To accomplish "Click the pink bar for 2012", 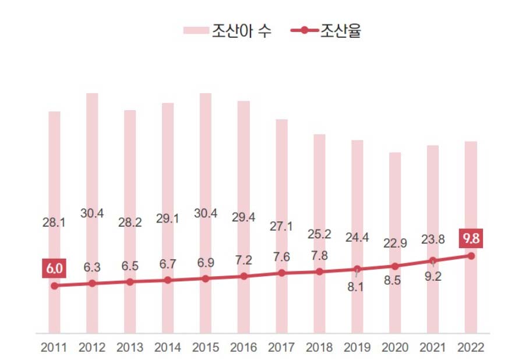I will pos(92,175).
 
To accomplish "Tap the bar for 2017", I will pos(281,175).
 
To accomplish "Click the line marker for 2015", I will pos(206,278).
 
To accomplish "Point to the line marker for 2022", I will pos(471,256).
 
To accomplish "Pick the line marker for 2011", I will pos(54,285).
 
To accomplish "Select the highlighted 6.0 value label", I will pos(54,269).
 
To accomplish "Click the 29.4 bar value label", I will pos(244,217).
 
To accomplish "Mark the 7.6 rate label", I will pos(281,257).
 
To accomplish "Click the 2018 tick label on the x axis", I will pos(319,348).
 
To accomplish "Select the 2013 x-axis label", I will pos(130,348).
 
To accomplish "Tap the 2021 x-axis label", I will pos(433,348).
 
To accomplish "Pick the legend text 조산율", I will pos(341,30).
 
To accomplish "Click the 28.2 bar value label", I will pos(130,222).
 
